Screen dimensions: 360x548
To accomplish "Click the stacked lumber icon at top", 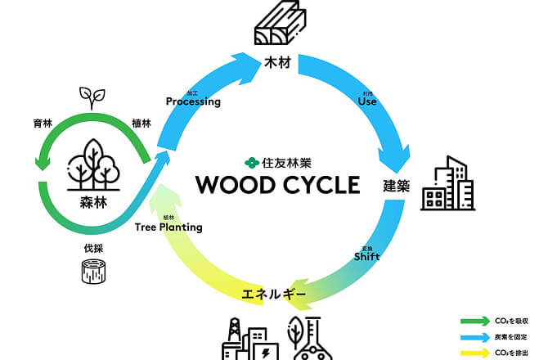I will [278, 25].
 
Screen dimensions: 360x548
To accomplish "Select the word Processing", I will [193, 101].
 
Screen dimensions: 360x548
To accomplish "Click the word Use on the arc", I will [368, 103].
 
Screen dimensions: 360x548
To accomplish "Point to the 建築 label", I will [396, 185].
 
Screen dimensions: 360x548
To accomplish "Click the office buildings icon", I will [447, 184].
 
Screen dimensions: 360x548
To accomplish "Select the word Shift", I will [366, 256].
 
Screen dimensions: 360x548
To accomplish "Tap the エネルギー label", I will [274, 293].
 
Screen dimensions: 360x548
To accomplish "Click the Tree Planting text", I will [168, 227].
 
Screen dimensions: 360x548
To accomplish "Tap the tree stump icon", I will [95, 272].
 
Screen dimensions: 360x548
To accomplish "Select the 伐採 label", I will [96, 243].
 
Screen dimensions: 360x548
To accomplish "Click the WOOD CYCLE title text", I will [277, 183].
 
